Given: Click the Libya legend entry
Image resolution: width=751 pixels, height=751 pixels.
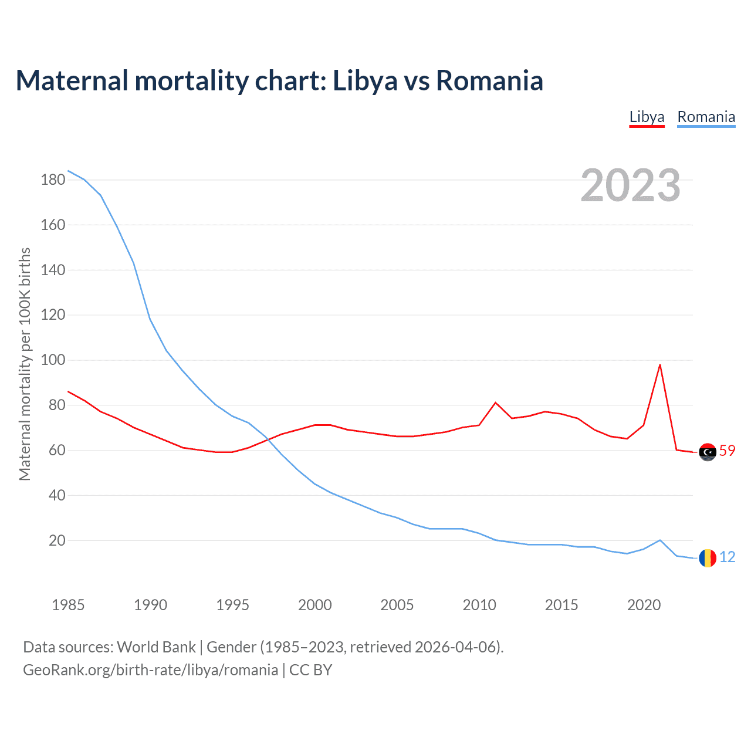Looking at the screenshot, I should (x=647, y=117).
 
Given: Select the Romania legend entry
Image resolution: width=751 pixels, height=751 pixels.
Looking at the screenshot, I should (x=706, y=117).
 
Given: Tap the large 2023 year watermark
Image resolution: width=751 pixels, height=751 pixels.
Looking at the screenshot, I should (x=630, y=185).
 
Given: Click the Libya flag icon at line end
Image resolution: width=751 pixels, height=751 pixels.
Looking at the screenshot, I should (x=708, y=452).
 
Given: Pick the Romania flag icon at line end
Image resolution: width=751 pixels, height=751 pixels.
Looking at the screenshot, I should (x=708, y=558).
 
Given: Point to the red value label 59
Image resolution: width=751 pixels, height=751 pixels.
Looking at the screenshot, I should (x=727, y=451).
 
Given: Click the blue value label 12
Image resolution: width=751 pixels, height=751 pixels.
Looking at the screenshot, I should (x=727, y=557).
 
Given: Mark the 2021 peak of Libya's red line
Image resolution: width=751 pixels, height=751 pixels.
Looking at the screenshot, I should (x=660, y=365).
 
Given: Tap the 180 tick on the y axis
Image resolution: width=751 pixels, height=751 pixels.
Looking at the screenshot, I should (x=53, y=180).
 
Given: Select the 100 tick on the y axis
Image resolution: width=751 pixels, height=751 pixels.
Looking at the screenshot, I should (x=53, y=360).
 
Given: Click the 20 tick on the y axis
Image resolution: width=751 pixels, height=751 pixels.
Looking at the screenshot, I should (x=57, y=540).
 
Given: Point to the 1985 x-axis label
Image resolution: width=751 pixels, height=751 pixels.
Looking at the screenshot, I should (x=68, y=605).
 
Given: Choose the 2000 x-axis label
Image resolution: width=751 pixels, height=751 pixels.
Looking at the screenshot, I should (x=315, y=605).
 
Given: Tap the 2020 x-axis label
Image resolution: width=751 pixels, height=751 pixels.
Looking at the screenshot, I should (x=644, y=605).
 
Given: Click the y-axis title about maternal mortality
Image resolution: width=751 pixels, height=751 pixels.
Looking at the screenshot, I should (x=25, y=364).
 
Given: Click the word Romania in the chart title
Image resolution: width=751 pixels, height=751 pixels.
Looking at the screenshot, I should (x=489, y=81).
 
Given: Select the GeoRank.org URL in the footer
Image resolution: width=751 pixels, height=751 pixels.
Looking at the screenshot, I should (x=150, y=670).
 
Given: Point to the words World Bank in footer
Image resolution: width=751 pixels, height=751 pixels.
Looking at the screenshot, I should (x=156, y=647).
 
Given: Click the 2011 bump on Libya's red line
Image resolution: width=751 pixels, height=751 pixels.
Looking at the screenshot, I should (x=495, y=402).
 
